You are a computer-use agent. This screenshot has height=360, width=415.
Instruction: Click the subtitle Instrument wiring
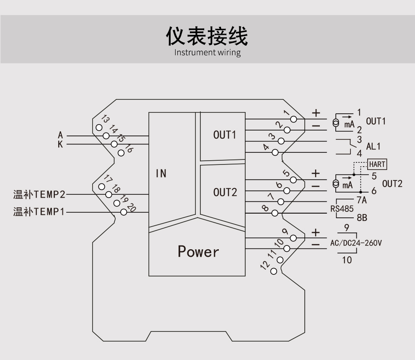207,53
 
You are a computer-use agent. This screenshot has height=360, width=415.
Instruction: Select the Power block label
198,251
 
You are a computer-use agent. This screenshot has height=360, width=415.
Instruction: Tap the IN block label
161,173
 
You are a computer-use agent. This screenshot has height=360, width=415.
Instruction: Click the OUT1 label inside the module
225,135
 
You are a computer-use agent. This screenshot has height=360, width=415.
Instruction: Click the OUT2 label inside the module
225,193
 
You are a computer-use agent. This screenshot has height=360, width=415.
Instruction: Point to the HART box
377,164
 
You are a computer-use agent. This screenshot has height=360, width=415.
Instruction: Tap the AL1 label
373,146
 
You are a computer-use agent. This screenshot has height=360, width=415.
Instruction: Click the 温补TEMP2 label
39,195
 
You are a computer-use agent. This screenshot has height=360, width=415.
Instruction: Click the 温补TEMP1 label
39,212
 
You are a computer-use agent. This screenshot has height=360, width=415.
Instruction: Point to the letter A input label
60,136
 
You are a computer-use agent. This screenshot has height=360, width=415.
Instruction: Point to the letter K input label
60,144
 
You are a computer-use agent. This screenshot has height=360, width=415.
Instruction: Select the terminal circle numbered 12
274,271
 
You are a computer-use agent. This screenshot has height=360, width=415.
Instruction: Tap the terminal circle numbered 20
123,212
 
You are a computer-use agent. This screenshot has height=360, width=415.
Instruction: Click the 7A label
362,201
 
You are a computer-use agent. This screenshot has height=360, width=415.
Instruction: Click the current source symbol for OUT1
336,123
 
